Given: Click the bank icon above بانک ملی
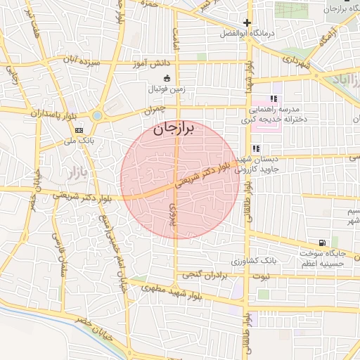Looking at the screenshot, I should click(79, 130).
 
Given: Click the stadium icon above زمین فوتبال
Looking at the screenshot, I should click(167, 78).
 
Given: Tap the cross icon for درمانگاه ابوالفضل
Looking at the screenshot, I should click(247, 22).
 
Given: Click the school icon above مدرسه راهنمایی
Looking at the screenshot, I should click(273, 99).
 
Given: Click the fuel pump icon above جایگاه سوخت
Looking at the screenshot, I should click(323, 241).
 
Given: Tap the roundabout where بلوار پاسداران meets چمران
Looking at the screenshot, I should click(97, 115).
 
